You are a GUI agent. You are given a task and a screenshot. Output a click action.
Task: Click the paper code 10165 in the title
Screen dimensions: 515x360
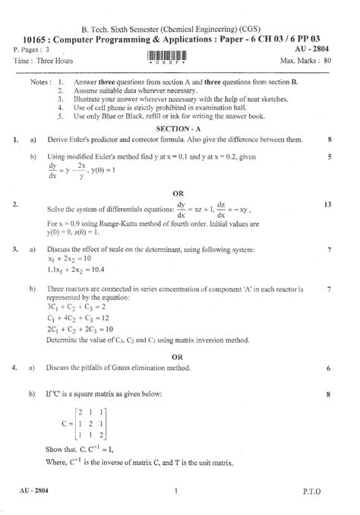point(34,36)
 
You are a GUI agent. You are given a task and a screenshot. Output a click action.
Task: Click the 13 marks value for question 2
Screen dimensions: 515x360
point(327,205)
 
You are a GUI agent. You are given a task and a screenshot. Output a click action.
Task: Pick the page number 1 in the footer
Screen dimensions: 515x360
point(175,493)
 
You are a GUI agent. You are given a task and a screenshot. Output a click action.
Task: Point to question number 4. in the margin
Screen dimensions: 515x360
point(15,368)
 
